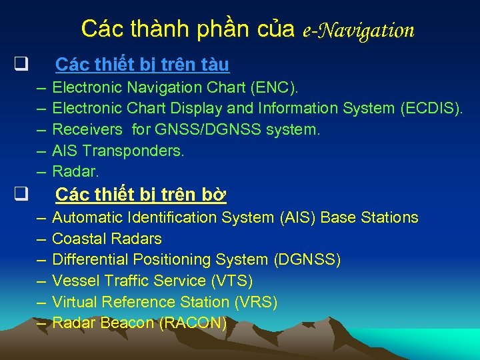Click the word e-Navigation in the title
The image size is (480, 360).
pyautogui.click(x=358, y=30)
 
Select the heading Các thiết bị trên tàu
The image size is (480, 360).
pyautogui.click(x=142, y=65)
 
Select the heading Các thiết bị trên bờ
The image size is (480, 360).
pyautogui.click(x=141, y=195)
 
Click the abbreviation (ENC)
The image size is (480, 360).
pyautogui.click(x=275, y=87)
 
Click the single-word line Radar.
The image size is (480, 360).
pyautogui.click(x=75, y=172)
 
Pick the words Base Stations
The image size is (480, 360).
pyautogui.click(x=369, y=217)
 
